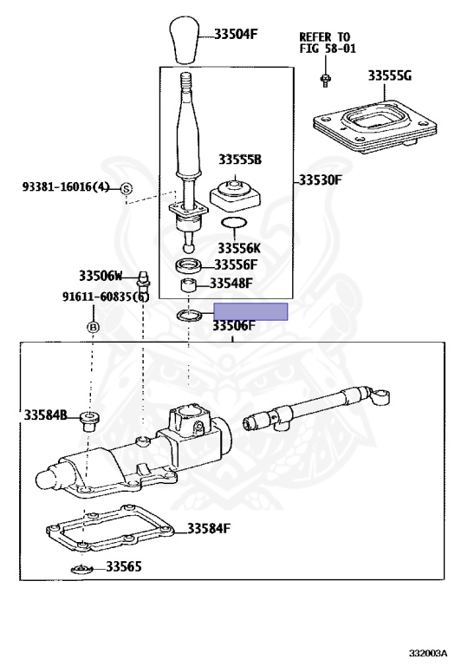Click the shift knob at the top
click(x=185, y=40)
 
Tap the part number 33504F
click(x=236, y=34)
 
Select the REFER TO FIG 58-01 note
click(x=328, y=42)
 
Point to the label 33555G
click(x=389, y=76)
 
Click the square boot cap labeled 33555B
click(x=235, y=195)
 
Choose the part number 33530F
click(x=320, y=180)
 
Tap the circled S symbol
click(x=127, y=188)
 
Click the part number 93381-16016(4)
click(x=66, y=186)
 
